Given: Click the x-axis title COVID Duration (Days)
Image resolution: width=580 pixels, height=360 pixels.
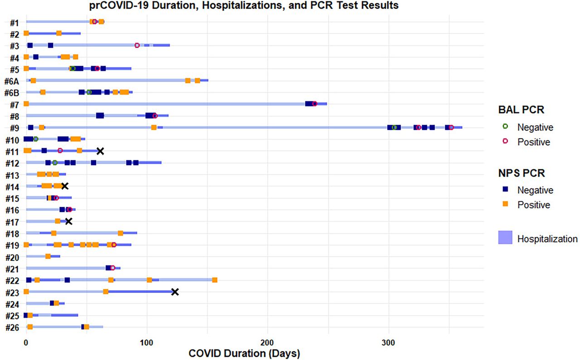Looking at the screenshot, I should [x=244, y=352].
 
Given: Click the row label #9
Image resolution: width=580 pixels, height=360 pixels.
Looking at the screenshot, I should [x=14, y=127].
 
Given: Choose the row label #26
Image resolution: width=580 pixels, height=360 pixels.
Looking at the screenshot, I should [x=12, y=327].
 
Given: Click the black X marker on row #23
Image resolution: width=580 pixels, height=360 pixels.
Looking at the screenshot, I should [x=175, y=292].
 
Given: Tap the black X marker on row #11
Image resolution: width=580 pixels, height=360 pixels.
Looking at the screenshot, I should [x=100, y=151].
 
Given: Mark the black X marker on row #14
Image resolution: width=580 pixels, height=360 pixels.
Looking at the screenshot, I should [x=65, y=186].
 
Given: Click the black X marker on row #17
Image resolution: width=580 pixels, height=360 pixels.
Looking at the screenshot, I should [x=69, y=221].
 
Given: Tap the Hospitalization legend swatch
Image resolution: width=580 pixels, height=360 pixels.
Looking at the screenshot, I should [x=505, y=238].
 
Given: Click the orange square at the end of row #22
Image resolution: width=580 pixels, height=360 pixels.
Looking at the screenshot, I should [x=215, y=280].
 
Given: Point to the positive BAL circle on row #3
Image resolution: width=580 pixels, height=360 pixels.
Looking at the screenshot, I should [x=137, y=45].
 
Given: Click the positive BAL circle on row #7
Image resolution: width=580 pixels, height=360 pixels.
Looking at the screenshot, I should [x=315, y=104].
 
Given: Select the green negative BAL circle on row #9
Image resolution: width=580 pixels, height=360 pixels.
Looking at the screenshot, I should [x=394, y=127].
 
